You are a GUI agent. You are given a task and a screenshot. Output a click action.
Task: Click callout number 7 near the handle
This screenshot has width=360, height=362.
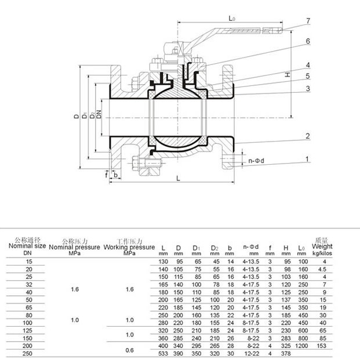(308, 21)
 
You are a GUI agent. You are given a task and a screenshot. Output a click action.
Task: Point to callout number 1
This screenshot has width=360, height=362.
(308, 158)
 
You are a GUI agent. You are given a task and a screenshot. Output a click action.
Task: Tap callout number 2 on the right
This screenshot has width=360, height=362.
(308, 136)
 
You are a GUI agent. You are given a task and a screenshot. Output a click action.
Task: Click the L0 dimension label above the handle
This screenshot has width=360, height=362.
(232, 19)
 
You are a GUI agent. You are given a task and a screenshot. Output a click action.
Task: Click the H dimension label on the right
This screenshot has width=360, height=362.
(287, 75)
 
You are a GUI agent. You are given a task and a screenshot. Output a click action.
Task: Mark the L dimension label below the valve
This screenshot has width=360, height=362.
(178, 179)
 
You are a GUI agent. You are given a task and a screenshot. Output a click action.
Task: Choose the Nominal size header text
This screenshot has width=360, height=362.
(27, 246)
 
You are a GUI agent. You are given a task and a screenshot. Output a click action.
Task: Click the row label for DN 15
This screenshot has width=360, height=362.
(27, 263)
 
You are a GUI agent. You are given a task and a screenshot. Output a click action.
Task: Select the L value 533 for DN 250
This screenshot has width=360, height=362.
(163, 354)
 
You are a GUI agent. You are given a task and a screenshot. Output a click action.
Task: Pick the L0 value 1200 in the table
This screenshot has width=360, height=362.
(302, 345)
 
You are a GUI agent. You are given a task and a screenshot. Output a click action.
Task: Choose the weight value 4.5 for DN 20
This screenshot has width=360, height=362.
(322, 270)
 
